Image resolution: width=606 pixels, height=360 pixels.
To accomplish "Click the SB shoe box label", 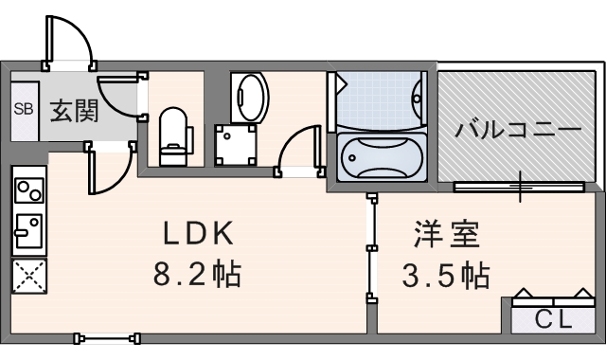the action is [23, 109].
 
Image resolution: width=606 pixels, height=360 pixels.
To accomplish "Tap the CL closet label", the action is [553, 319].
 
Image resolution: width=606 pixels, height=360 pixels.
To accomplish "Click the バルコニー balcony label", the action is [517, 129].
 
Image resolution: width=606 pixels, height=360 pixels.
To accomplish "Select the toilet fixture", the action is [173, 134].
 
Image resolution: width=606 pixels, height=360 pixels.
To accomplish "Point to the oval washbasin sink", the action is [250, 97].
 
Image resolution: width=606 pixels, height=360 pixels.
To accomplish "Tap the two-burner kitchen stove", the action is [28, 189].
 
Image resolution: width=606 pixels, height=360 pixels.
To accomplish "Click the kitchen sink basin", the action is [28, 228].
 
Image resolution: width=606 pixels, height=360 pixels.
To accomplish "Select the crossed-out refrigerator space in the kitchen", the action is [28, 277].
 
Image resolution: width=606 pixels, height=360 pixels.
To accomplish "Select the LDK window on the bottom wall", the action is [107, 336].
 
